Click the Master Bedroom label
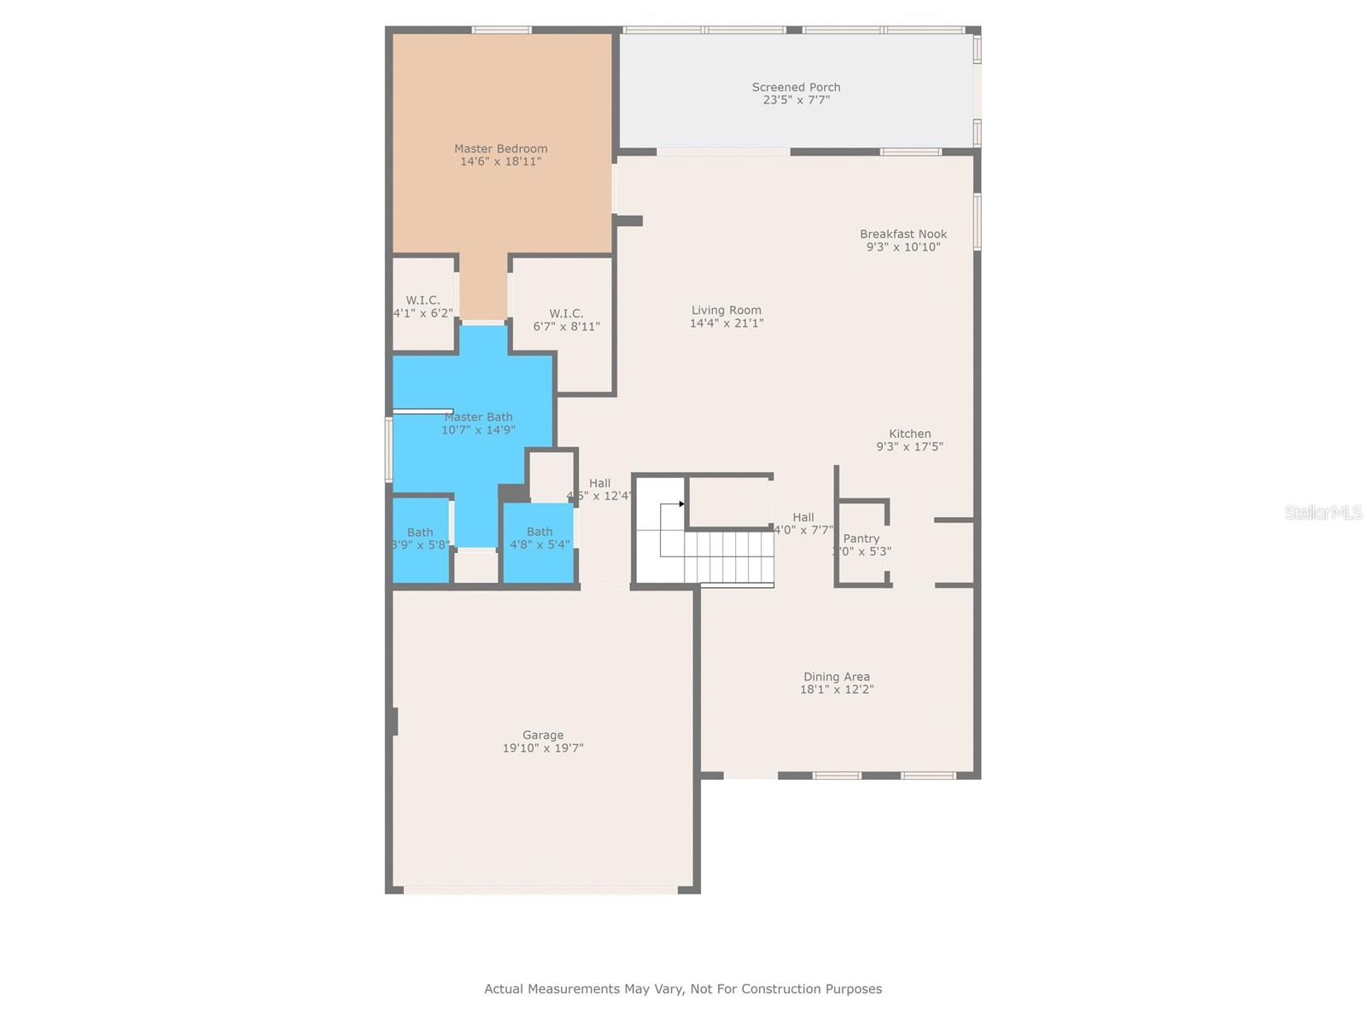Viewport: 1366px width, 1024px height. pos(500,148)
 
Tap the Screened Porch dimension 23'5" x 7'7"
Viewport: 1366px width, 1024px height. pos(796,100)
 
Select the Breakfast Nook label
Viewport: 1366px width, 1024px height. pos(903,234)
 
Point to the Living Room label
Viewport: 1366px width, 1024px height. pos(726,311)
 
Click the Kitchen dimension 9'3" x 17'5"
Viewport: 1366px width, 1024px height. pos(909,446)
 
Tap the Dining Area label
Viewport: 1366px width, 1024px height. pos(836,677)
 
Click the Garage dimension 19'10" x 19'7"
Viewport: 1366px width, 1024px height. pos(543,748)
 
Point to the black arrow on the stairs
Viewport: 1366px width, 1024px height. pos(681,504)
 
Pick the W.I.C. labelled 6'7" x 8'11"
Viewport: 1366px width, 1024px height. pos(566,320)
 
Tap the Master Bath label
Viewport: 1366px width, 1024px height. pos(478,417)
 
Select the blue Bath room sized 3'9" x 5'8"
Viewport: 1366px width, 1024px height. pos(420,539)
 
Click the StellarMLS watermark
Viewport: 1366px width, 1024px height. pos(1323,512)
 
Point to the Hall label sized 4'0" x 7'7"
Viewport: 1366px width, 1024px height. pos(803,517)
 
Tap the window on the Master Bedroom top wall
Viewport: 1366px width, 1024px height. pos(502,30)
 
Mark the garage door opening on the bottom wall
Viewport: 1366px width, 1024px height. pos(540,890)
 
